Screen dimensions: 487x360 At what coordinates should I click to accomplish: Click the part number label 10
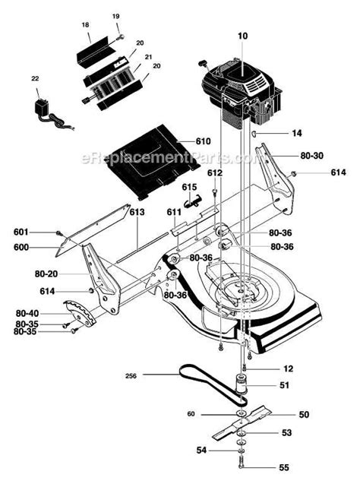pyautogui.click(x=244, y=36)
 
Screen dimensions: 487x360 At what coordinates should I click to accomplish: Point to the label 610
pyautogui.click(x=203, y=141)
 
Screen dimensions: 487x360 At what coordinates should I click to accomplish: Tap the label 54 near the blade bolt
pyautogui.click(x=201, y=451)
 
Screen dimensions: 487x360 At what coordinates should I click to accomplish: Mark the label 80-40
pyautogui.click(x=27, y=312)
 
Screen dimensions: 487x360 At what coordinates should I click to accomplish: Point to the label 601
pyautogui.click(x=20, y=232)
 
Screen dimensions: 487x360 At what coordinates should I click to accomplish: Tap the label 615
pyautogui.click(x=189, y=186)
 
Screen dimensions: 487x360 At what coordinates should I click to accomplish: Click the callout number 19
pyautogui.click(x=116, y=15)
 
